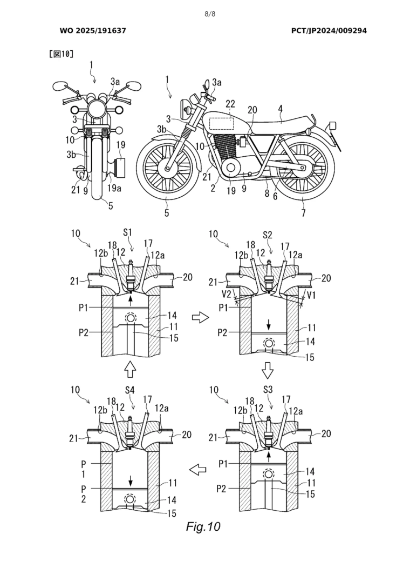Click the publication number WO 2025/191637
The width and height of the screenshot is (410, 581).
92,31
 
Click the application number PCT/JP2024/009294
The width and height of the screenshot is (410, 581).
329,31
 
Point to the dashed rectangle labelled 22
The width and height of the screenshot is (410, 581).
221,124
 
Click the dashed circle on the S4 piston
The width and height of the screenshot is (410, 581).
130,498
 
